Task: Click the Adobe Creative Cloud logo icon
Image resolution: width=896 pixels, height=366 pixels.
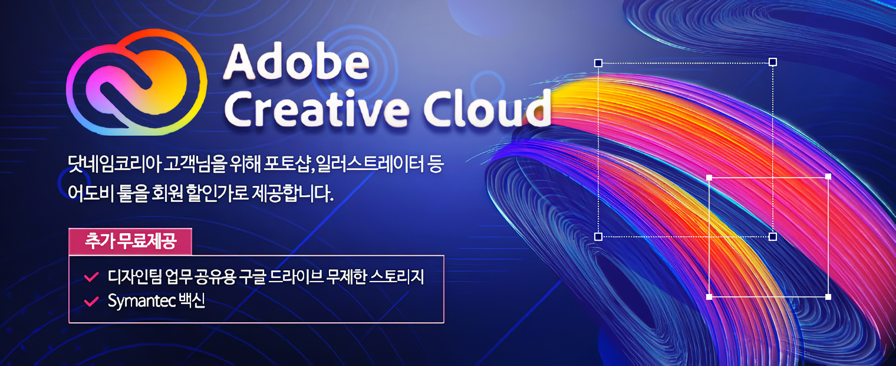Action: (x=137, y=84)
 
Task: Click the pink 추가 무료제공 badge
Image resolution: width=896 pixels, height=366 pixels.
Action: (x=130, y=241)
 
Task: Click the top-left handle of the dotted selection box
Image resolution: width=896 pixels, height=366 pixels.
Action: (x=598, y=63)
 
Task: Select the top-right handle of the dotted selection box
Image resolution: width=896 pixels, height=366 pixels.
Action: (x=773, y=62)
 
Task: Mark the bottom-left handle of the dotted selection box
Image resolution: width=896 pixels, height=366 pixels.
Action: (x=598, y=237)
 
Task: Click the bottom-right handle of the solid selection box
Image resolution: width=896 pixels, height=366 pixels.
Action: (x=828, y=296)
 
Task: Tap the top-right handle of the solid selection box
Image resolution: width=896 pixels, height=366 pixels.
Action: (x=828, y=177)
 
